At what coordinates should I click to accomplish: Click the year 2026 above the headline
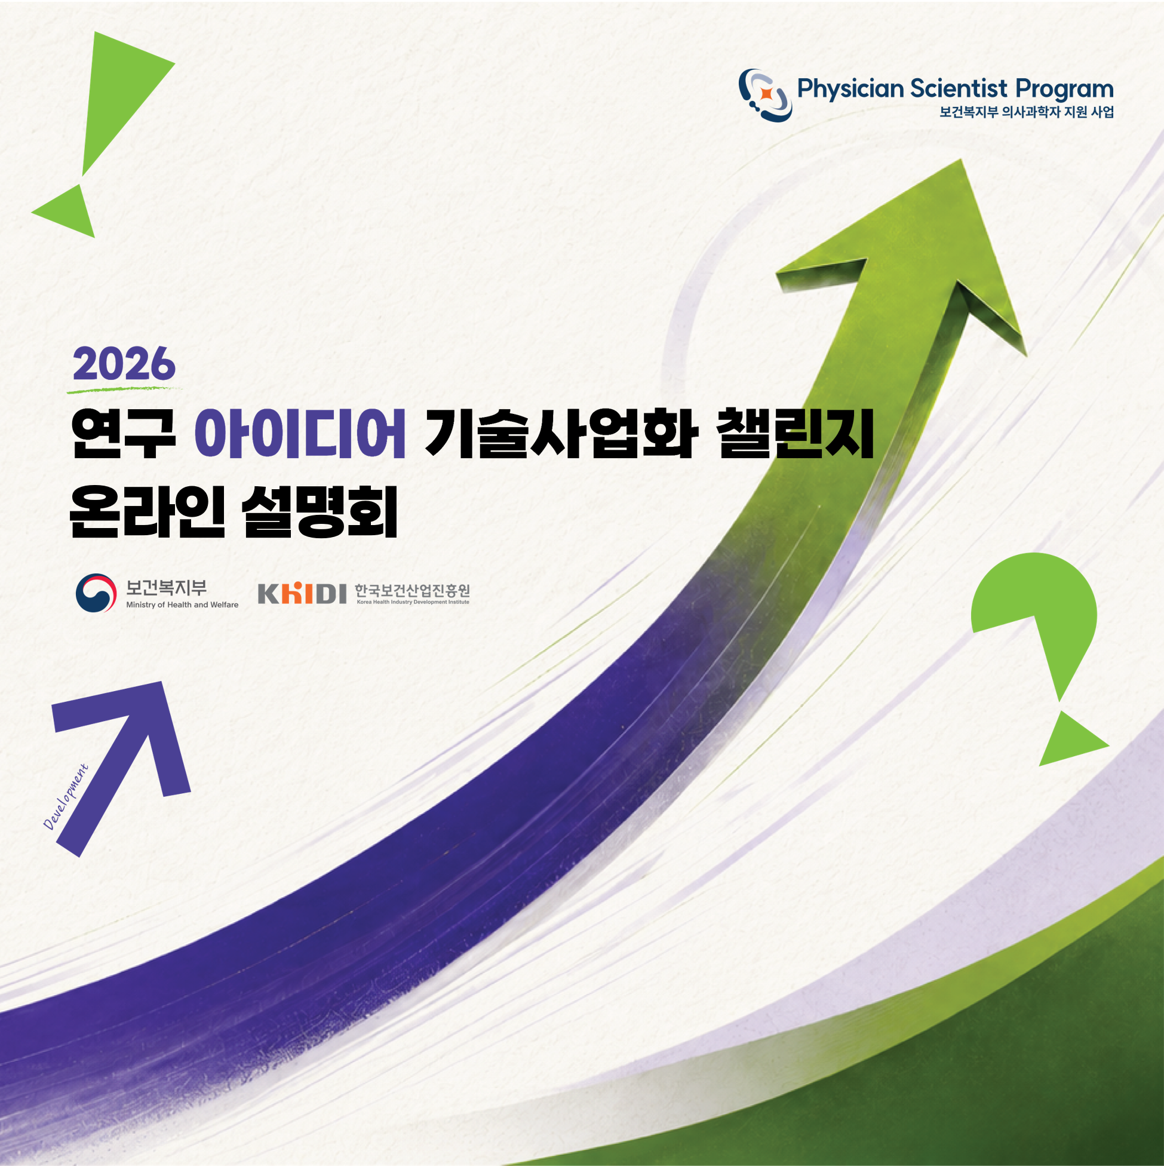[124, 364]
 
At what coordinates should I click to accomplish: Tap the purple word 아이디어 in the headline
[300, 433]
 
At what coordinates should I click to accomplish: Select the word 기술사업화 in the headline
[561, 433]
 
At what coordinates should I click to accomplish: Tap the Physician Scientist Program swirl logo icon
[765, 95]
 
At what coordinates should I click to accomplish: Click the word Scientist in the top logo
[958, 89]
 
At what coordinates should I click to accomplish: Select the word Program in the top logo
[1064, 90]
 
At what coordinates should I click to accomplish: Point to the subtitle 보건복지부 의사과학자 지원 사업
[1027, 112]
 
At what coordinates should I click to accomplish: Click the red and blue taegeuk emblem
[96, 593]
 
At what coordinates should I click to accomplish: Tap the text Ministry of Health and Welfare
[182, 605]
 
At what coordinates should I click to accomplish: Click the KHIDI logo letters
[302, 593]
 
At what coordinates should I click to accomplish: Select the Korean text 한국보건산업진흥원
[412, 590]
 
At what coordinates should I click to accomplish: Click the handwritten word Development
[66, 797]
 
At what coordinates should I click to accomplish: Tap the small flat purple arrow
[121, 769]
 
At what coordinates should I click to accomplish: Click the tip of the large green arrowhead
[961, 160]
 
